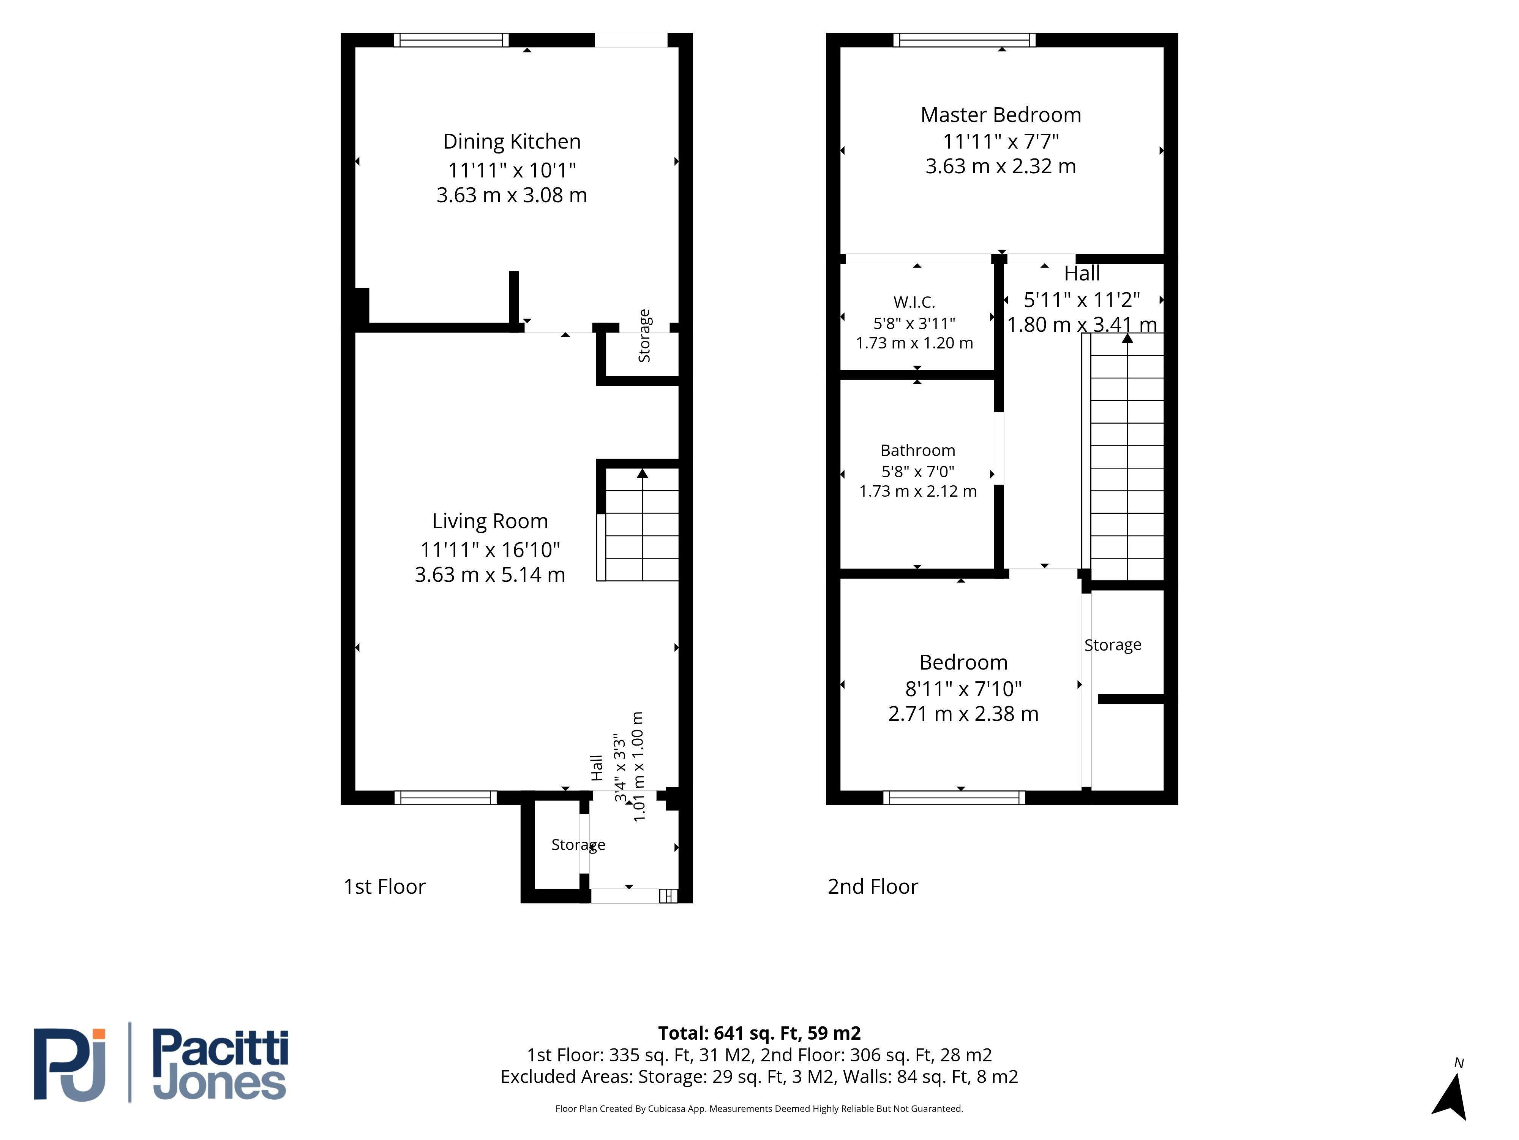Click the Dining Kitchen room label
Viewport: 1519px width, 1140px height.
click(x=512, y=142)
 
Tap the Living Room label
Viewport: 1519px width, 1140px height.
click(x=489, y=522)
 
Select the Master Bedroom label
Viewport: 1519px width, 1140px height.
click(x=1001, y=115)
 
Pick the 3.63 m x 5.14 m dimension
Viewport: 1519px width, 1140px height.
click(x=489, y=575)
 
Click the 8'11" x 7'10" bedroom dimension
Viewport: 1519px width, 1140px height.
click(x=963, y=689)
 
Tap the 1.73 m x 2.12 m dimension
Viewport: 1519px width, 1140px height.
click(x=917, y=491)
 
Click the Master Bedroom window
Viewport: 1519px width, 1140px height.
click(x=964, y=40)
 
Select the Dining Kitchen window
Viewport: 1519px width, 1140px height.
click(x=451, y=40)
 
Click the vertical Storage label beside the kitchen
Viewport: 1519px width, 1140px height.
click(x=644, y=336)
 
